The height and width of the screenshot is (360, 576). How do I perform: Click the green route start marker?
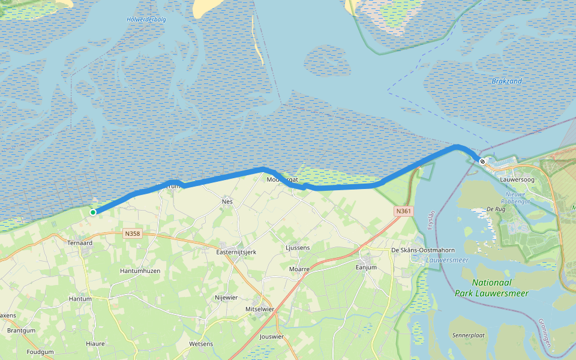click(x=93, y=212)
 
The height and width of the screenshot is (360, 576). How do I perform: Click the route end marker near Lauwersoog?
click(x=482, y=161)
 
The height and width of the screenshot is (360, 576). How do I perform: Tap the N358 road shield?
click(x=133, y=233)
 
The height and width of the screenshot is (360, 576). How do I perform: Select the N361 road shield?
click(x=403, y=211)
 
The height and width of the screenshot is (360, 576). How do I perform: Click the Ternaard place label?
click(x=80, y=243)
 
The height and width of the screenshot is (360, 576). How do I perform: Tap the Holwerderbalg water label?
click(x=146, y=20)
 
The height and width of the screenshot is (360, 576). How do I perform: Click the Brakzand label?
click(x=506, y=81)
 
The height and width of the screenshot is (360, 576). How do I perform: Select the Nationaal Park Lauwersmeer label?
click(x=500, y=288)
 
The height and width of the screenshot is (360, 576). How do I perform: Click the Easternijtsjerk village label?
click(x=236, y=252)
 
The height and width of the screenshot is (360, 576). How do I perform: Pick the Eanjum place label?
click(x=366, y=268)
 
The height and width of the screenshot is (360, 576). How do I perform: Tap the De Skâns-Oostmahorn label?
click(x=422, y=250)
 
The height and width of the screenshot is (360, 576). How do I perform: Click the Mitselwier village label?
click(x=260, y=309)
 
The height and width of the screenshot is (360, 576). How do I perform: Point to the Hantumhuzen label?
click(x=140, y=271)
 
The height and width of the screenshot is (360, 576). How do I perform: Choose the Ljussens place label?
click(x=298, y=247)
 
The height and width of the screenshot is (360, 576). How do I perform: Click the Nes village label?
click(x=227, y=202)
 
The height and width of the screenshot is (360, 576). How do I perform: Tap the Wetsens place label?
click(x=200, y=344)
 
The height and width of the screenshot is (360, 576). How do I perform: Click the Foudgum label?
click(x=40, y=352)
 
